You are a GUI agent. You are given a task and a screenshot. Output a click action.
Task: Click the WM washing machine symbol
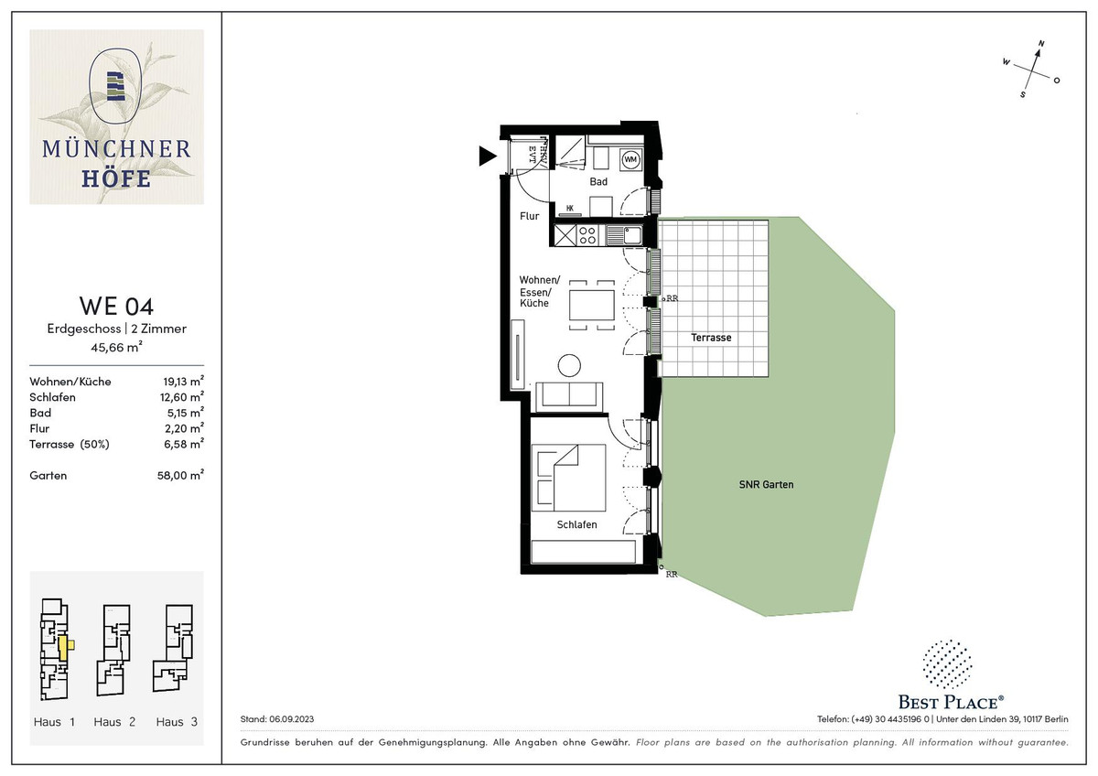pos(630,159)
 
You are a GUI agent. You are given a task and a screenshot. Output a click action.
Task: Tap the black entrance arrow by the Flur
pos(487,156)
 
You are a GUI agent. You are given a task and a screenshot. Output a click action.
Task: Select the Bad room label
pos(598,181)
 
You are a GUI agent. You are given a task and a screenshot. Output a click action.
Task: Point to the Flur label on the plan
pos(530,216)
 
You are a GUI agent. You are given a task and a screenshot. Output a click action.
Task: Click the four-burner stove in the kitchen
pos(587,235)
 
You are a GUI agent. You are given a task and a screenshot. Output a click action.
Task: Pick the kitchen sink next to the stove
pos(624,235)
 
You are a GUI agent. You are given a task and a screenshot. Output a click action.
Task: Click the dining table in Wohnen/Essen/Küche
pos(592,305)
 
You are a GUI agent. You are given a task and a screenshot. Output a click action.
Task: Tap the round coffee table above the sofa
pos(569,365)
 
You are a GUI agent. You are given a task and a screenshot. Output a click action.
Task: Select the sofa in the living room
pos(569,396)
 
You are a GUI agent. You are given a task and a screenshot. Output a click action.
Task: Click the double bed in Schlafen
pos(568,478)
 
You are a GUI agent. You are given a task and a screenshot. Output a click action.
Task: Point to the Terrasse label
pos(711,338)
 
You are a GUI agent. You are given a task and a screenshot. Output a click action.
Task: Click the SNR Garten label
pos(766,484)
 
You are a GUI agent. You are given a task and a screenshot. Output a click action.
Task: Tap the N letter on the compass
pos(1041,44)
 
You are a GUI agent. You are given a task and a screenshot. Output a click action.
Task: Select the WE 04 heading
pos(117,306)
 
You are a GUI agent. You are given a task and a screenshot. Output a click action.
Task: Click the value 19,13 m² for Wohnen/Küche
pos(183,381)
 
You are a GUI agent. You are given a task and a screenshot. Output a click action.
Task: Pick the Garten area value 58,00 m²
pos(180,475)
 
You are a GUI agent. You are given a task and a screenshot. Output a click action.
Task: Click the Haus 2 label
pos(114,722)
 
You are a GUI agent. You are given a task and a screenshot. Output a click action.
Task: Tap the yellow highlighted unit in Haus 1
pos(65,648)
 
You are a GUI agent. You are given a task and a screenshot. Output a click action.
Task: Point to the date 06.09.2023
pos(291,718)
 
